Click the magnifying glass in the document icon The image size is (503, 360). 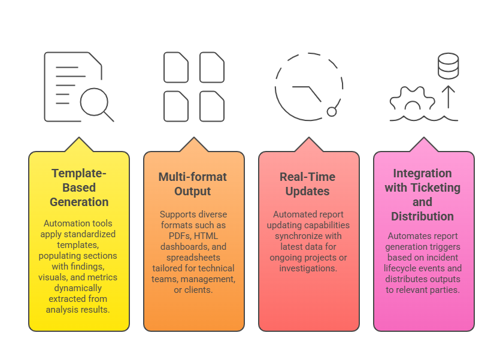pos(94,101)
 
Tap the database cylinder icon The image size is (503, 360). pos(448,66)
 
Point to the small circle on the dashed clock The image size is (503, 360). pos(332,111)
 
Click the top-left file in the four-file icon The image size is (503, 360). pos(175,67)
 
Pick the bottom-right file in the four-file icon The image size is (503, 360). pos(211,106)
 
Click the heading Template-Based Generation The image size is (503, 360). pos(79,187)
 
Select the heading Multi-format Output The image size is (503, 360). pos(193,184)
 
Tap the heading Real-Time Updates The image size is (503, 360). pos(308,184)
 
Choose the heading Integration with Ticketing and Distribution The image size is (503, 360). pos(423,195)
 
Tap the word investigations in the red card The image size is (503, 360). pos(308,268)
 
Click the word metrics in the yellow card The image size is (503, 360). pos(103,277)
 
